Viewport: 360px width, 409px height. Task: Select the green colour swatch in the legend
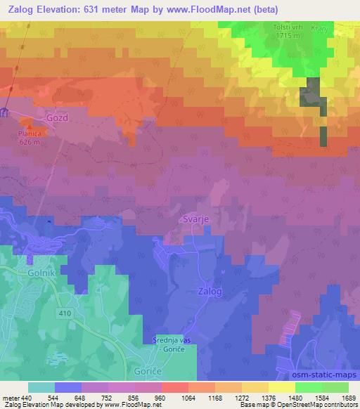click(x=308, y=387)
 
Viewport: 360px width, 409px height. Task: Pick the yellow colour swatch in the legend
click(x=281, y=387)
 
